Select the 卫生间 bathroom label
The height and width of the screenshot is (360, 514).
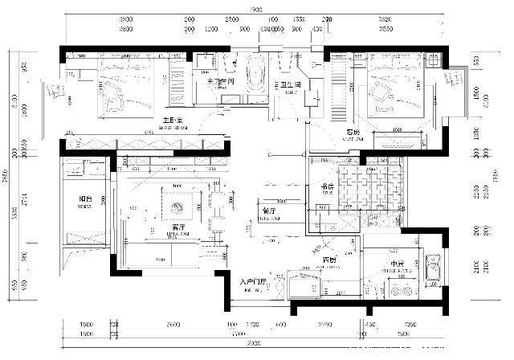click(291, 84)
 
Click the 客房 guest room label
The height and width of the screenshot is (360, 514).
click(354, 132)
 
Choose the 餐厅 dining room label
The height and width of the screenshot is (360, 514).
click(270, 211)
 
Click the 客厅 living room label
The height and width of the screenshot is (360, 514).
click(169, 227)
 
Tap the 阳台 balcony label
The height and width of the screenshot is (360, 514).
click(84, 198)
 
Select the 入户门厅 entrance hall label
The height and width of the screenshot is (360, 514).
click(258, 282)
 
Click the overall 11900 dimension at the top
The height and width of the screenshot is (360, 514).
click(257, 10)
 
